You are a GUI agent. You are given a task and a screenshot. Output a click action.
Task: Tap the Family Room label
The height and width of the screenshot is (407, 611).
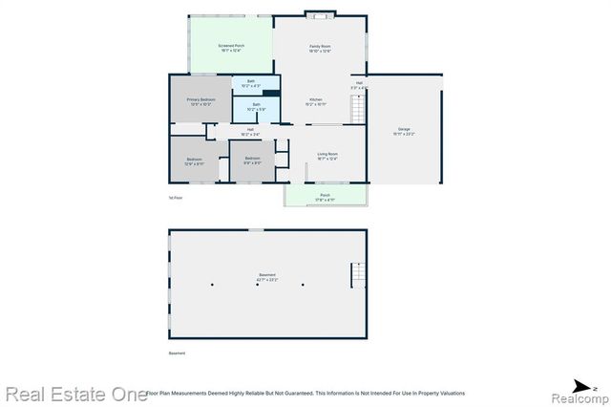tap(319, 48)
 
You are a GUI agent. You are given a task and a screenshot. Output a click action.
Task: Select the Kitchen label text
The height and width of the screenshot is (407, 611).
tap(316, 102)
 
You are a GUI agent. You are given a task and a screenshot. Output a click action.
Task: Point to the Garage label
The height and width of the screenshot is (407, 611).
tap(404, 132)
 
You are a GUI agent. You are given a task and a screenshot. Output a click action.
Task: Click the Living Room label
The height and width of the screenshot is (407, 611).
tap(327, 156)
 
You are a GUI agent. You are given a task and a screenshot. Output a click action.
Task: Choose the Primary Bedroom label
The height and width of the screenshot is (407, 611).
tap(200, 101)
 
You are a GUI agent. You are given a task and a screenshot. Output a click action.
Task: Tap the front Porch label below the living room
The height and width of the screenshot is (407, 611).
tap(325, 198)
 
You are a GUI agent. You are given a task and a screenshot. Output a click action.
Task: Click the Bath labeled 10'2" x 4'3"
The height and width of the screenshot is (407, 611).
tap(250, 84)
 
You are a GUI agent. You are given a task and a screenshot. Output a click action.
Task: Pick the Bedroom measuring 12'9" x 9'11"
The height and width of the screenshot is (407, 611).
tap(194, 161)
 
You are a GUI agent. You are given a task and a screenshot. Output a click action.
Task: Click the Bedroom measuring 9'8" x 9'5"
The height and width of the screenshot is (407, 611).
tap(252, 161)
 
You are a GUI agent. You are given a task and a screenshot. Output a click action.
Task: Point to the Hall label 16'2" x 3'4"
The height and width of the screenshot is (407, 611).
tap(250, 131)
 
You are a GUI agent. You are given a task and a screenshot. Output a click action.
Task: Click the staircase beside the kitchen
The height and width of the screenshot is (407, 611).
tap(359, 111)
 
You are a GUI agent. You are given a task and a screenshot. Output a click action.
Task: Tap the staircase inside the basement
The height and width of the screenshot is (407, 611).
tap(358, 276)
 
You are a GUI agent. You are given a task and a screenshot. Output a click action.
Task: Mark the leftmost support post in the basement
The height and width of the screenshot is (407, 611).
tap(215, 284)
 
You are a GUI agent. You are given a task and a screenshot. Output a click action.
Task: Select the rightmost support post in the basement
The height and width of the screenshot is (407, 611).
tap(303, 284)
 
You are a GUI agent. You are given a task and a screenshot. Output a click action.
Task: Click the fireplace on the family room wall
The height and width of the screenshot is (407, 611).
tap(319, 14)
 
